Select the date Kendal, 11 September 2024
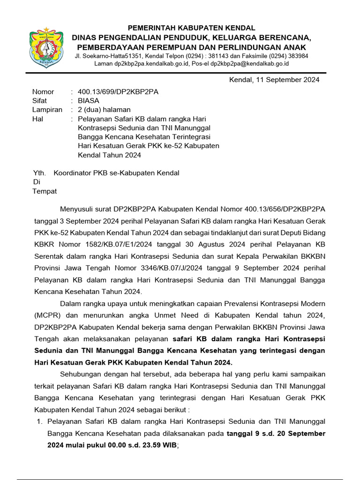274,80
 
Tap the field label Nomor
43,92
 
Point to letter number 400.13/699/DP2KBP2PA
118,92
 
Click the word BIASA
89,101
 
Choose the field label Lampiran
47,110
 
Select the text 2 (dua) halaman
104,110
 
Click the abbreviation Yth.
39,173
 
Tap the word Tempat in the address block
44,191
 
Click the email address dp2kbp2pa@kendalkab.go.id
249,64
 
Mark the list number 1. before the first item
40,421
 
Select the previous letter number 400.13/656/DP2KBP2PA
282,208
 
